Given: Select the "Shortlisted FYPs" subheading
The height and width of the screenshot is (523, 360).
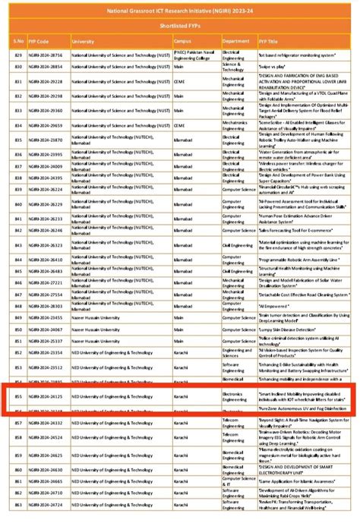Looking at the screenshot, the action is pos(179,25).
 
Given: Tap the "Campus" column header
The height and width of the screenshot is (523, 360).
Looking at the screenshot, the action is pos(183,41).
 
